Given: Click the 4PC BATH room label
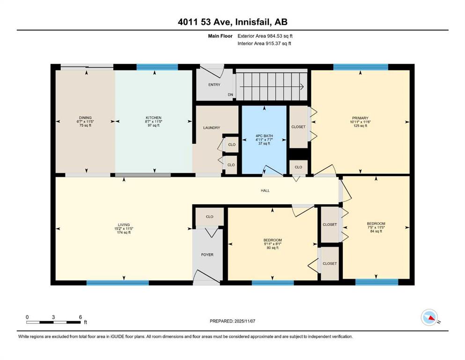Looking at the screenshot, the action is click(x=264, y=136).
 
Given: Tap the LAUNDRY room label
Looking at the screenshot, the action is click(x=212, y=128).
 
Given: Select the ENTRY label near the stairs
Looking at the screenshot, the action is click(x=214, y=85).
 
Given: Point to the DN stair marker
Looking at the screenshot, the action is click(x=230, y=95).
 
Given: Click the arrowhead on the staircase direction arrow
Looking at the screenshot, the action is click(x=302, y=87).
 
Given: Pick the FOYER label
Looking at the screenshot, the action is click(x=207, y=255).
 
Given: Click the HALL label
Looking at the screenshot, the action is click(x=265, y=190).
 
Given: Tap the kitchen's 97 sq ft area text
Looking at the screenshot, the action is click(x=154, y=125).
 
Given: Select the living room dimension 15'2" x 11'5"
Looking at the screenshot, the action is click(x=124, y=229).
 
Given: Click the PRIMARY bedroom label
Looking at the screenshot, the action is click(x=360, y=118).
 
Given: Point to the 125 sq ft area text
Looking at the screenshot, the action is click(x=360, y=126).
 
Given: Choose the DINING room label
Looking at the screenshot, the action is click(x=85, y=118).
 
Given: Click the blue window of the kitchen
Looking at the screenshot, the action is click(x=157, y=67).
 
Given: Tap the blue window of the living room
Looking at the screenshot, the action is click(x=118, y=283).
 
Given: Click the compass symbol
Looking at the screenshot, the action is click(x=429, y=317).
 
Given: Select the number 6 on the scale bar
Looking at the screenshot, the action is click(x=81, y=317).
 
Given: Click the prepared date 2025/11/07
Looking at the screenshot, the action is click(x=244, y=321).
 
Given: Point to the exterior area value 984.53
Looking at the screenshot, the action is click(x=275, y=36).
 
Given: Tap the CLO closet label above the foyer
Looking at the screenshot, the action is click(x=210, y=217).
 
